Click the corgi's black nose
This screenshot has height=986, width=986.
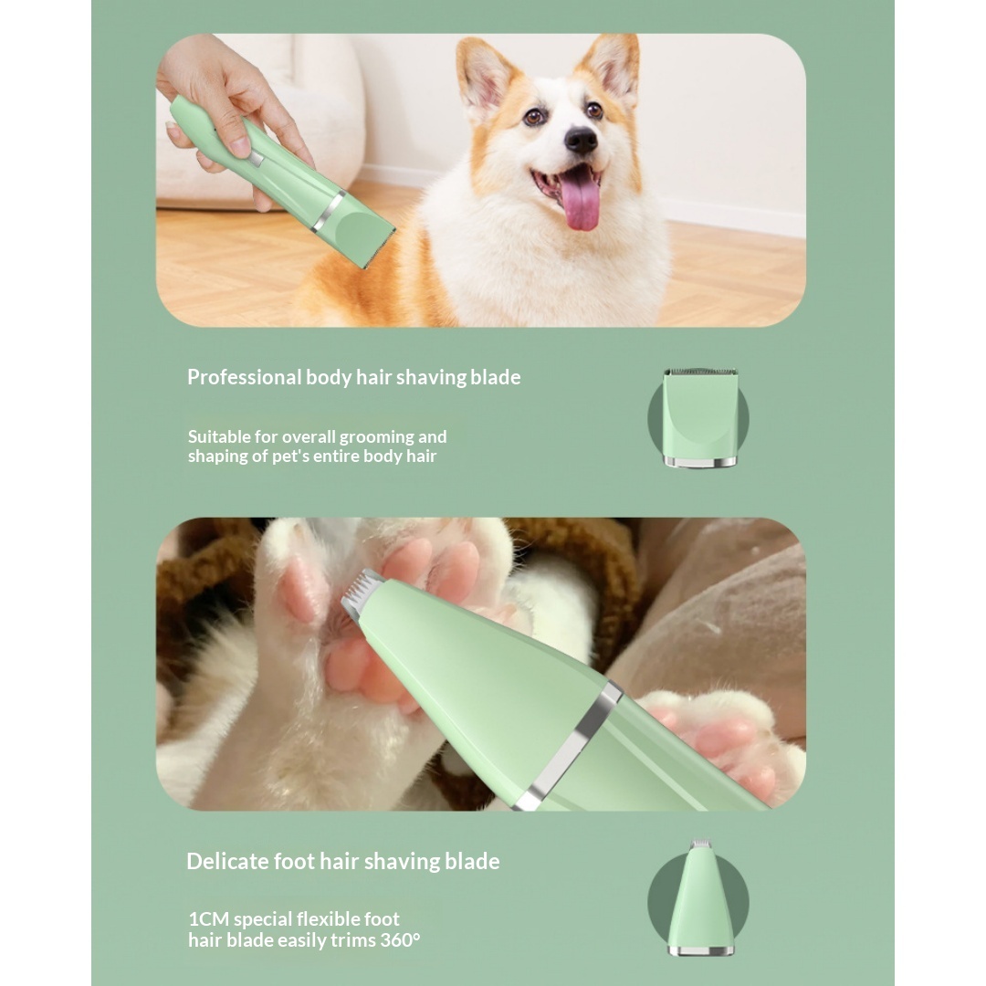pos(581,140)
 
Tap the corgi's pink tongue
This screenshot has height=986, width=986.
pos(581,198)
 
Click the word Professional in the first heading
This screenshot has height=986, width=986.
pos(244,377)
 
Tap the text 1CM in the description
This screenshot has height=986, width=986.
pos(209,919)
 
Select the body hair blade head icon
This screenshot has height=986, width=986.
pos(699,417)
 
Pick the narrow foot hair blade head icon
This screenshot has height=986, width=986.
pos(700,897)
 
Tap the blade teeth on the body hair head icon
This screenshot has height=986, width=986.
pos(700,372)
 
